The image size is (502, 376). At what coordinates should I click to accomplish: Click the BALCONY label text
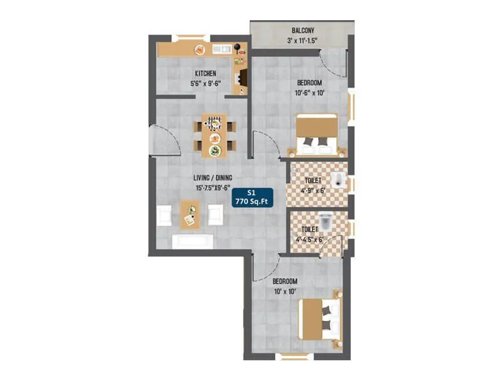tap(304, 31)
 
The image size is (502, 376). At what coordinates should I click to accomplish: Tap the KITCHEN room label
tap(205, 73)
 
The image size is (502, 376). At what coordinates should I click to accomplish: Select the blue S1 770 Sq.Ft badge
tap(249, 197)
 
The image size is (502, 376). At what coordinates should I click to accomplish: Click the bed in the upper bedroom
tap(317, 133)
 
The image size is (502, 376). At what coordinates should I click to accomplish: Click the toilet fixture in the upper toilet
tap(339, 178)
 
